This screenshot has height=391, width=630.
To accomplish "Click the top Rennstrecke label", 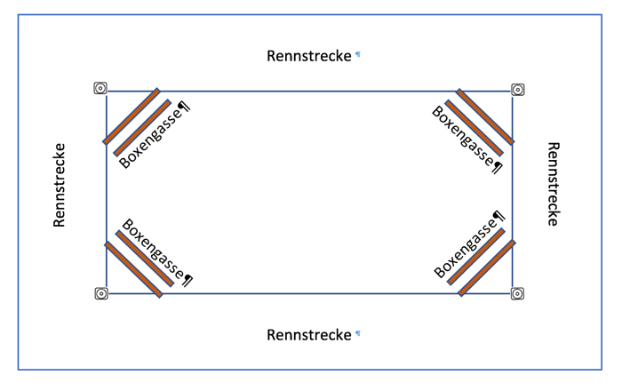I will [308, 56].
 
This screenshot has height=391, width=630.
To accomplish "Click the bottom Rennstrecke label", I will [308, 335].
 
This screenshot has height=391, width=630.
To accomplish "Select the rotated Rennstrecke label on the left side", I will [60, 185].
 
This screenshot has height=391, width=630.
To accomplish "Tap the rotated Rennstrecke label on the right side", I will [552, 185].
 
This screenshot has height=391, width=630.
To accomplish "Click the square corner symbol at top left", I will [100, 88].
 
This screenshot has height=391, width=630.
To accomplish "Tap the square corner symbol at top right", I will [518, 89].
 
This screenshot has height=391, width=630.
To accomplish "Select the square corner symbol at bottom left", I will [101, 293].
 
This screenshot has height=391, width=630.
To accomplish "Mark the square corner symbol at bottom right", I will [518, 293].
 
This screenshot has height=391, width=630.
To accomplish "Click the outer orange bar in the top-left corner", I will [132, 116].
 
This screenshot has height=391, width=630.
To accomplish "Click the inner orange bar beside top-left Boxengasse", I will [142, 128].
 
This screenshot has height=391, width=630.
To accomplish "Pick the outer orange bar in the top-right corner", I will [485, 116].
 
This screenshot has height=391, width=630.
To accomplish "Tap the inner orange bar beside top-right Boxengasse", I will [474, 128].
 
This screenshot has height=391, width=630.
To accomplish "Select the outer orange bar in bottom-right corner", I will [487, 267].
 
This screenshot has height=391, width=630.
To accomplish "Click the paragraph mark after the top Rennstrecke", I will [358, 54].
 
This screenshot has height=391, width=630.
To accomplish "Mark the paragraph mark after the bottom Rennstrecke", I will [358, 333].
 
